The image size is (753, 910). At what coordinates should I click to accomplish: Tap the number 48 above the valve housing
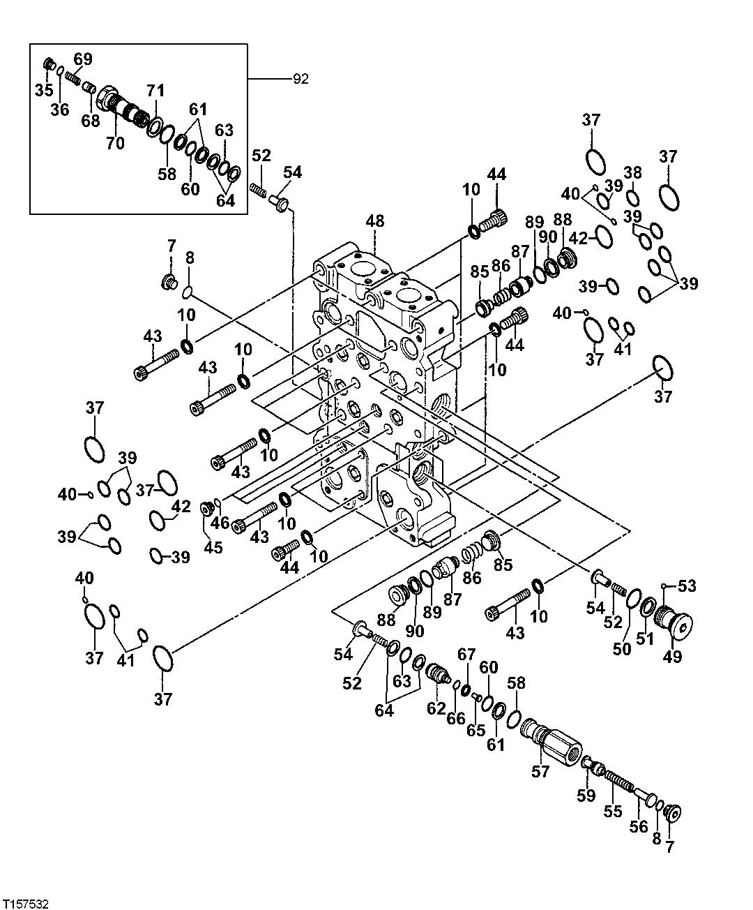point(374,221)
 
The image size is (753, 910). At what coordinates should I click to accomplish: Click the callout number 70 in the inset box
point(115,144)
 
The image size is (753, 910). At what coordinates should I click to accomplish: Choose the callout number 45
point(213,547)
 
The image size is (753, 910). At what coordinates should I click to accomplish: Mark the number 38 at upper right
point(632,173)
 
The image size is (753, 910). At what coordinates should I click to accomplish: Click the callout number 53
point(687,587)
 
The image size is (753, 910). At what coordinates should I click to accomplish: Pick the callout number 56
point(638,826)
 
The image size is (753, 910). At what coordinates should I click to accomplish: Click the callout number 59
point(586,795)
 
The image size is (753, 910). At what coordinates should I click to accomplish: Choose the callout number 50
point(622,648)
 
